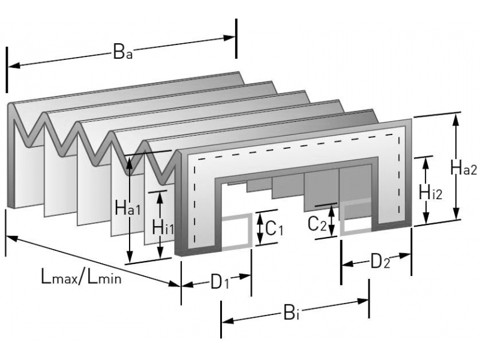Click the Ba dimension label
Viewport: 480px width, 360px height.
click(122, 53)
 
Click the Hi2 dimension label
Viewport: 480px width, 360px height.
click(431, 192)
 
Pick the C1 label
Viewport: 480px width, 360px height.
click(274, 229)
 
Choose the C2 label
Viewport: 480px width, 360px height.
click(317, 223)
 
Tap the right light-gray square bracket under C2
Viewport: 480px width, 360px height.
click(356, 217)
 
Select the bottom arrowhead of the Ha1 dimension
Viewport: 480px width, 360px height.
click(130, 258)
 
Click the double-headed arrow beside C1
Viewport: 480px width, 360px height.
click(260, 228)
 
